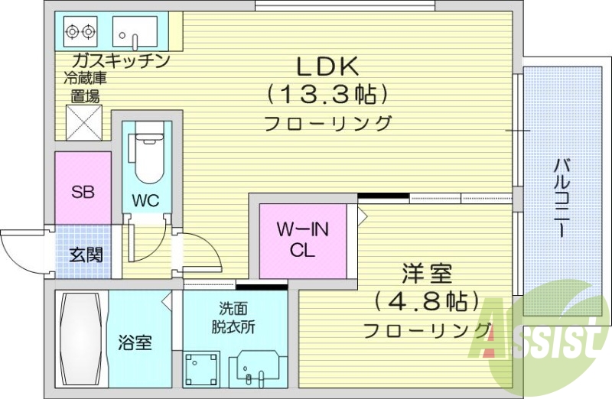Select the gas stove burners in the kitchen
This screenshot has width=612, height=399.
pyautogui.click(x=80, y=31)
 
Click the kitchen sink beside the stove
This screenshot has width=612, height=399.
pyautogui.click(x=135, y=32)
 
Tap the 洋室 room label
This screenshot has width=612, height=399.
pyautogui.click(x=426, y=273)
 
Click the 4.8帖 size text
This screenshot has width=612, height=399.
pyautogui.click(x=426, y=301)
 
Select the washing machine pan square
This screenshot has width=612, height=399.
pyautogui.click(x=203, y=368)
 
